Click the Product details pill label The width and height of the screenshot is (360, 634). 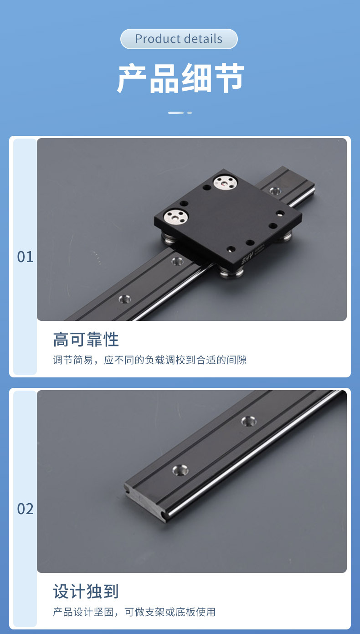[x=179, y=39]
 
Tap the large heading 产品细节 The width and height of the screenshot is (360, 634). [x=180, y=78]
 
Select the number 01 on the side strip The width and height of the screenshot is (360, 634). [x=25, y=257]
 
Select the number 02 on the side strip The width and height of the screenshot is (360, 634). [x=25, y=509]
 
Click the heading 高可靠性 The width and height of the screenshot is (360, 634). [x=86, y=340]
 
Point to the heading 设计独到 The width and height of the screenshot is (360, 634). [x=86, y=591]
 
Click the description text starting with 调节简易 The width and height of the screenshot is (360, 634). [x=150, y=360]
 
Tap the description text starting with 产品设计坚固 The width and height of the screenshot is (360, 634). [x=134, y=612]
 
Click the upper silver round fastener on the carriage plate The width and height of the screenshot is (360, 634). [x=225, y=182]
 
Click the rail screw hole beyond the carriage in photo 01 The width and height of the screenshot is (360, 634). [x=275, y=191]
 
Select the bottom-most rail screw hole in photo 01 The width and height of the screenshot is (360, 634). [x=124, y=299]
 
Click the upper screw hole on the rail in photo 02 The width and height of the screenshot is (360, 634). [x=249, y=421]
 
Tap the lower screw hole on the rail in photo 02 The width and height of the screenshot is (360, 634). [x=180, y=470]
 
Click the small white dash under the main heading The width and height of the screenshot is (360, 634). [x=189, y=113]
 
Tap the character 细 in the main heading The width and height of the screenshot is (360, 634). [x=196, y=78]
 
